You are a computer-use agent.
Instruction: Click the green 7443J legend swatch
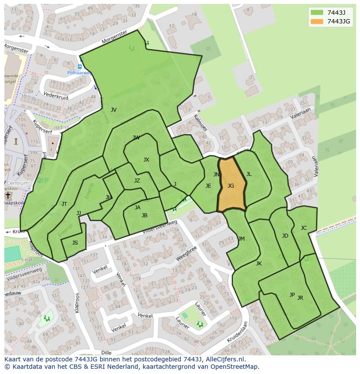tap(317, 13)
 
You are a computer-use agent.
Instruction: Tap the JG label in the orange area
tap(231, 186)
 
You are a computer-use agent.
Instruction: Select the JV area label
tap(113, 110)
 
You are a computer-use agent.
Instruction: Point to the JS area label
tap(75, 243)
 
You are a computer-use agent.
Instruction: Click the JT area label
tap(64, 204)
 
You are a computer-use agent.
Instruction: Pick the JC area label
tap(303, 228)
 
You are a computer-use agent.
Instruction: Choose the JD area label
tap(285, 236)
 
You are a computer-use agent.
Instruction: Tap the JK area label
tap(259, 264)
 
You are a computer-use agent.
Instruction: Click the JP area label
tap(292, 295)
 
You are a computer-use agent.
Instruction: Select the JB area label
tap(144, 215)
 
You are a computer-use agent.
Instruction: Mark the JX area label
tap(146, 160)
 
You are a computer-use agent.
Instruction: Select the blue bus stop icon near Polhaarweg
tap(80, 66)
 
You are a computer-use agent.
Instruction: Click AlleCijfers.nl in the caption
tap(226, 360)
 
